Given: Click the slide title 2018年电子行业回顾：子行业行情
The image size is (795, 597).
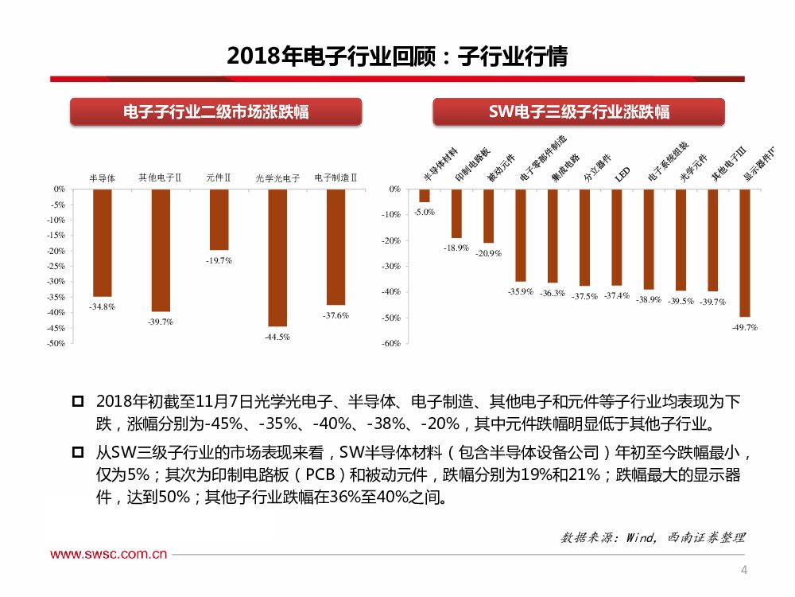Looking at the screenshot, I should pos(397,57).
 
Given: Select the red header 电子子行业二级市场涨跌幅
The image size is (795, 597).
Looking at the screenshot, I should pos(215,111).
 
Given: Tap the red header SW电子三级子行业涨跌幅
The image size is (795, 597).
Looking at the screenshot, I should pos(579,111).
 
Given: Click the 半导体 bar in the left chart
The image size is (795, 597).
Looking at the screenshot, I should pos(102,242).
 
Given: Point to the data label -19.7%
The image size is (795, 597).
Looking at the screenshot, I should pos(219,260).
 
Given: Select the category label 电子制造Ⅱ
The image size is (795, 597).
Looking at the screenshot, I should pos(335,178).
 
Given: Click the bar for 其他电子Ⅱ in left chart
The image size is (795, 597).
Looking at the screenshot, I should pos(161,250).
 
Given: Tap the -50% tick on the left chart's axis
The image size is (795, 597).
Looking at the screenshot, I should pos(58,343).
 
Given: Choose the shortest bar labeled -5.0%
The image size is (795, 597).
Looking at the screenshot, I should pos(425,196).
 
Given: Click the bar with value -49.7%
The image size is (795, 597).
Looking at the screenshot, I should pos(745,252).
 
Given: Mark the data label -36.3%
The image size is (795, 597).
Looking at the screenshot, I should pos(552,293).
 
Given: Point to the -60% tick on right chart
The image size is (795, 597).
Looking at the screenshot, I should pos(391,343).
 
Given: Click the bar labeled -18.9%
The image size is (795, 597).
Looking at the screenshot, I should pos(456,213).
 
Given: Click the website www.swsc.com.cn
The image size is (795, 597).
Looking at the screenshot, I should pos(109,554).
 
